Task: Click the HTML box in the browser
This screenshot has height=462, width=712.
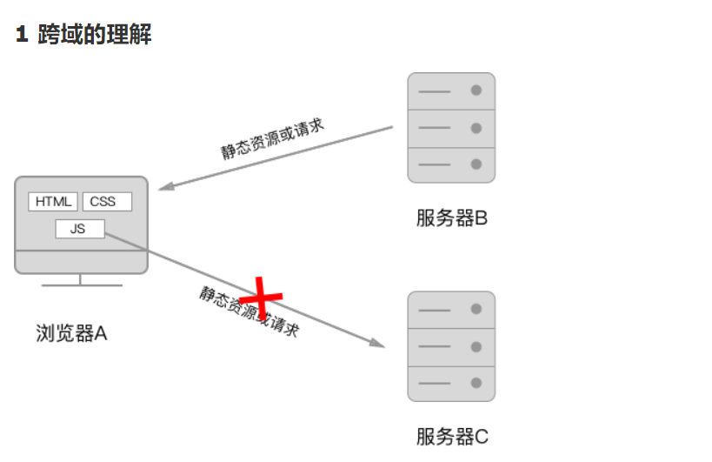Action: point(54,202)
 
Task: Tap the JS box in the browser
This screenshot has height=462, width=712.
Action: point(80,229)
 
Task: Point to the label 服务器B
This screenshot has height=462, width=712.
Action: point(451,218)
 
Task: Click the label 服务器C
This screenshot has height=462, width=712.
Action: point(451,436)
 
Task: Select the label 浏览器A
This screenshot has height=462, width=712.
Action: point(71,333)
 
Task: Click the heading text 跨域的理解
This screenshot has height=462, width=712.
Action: point(95,35)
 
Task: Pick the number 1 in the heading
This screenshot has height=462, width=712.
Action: point(23,36)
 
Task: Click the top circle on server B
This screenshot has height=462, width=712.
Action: point(476,90)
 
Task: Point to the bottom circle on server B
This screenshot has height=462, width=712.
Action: point(476,164)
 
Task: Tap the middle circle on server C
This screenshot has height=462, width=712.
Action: point(476,346)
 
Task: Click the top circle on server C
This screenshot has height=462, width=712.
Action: point(476,309)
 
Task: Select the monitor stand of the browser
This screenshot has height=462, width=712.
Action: point(81,281)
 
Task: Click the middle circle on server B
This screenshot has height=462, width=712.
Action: point(476,128)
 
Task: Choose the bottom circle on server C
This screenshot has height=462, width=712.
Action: point(476,383)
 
